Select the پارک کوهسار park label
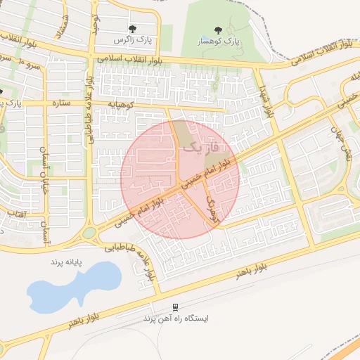[219, 41]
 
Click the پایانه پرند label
[66, 262]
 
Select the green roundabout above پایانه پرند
[89, 233]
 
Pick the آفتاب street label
[17, 212]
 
